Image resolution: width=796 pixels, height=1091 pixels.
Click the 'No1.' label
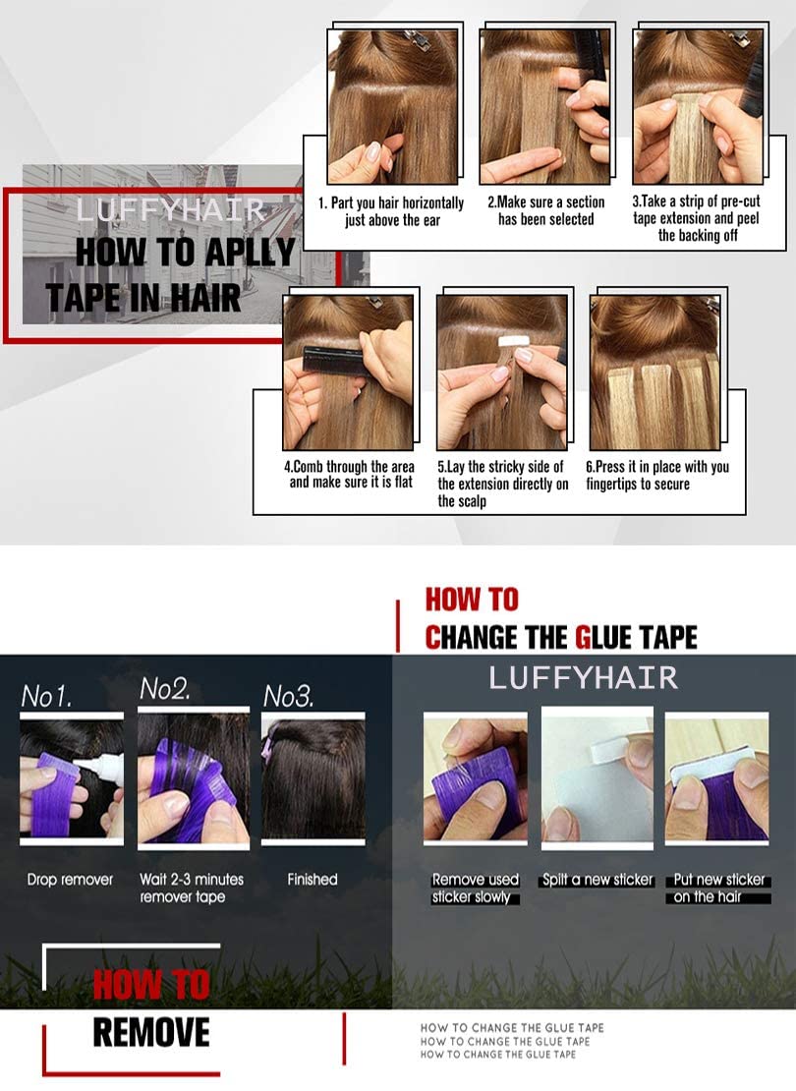coord(47,697)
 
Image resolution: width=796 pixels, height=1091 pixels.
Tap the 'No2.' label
coord(165,689)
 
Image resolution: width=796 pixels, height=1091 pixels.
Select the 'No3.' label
coord(288,697)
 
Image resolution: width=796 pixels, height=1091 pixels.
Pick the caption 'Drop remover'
coord(70,880)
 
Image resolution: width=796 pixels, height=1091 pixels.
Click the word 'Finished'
coord(313,880)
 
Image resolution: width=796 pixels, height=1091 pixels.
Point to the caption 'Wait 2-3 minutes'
coord(192,880)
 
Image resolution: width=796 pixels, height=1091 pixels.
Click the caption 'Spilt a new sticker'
coord(597,880)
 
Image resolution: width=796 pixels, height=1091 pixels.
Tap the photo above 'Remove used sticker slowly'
coord(475,777)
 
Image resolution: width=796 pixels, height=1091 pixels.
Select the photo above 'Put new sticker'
coord(715,777)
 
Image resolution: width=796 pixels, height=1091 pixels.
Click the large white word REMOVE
coord(151,1033)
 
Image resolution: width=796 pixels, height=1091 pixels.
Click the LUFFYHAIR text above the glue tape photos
coord(584,677)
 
